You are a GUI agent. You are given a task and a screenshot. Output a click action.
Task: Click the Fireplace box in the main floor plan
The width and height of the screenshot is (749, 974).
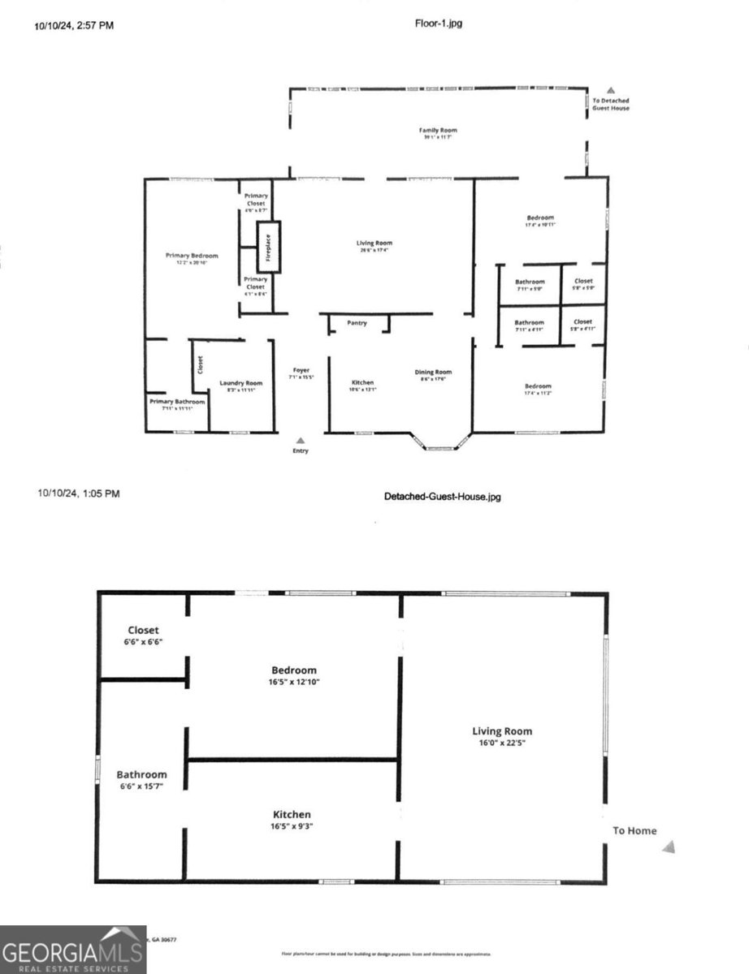click(x=268, y=248)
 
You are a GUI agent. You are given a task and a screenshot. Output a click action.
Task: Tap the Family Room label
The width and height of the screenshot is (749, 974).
click(x=438, y=130)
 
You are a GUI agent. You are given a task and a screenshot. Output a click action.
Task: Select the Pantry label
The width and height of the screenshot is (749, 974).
click(x=357, y=323)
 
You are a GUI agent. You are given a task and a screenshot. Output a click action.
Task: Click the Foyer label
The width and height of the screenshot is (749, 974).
click(x=301, y=370)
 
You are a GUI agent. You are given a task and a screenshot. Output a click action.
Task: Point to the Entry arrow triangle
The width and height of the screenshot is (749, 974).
click(x=301, y=440)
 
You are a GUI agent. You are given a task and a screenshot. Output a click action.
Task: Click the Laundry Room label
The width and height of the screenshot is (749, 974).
click(x=240, y=383)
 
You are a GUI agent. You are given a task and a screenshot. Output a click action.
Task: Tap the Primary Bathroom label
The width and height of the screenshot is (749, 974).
click(x=176, y=401)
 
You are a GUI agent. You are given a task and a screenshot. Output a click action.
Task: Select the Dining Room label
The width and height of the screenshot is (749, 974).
click(x=435, y=373)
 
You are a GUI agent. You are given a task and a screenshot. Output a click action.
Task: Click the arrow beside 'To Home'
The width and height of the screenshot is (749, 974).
click(x=669, y=847)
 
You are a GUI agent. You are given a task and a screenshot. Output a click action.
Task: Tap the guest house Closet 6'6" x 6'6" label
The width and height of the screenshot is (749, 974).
click(x=143, y=630)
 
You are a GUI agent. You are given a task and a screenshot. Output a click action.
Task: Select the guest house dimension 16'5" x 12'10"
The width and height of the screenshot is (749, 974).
click(x=293, y=682)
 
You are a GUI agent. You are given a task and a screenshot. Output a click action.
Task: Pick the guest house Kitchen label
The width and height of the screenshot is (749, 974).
click(x=291, y=814)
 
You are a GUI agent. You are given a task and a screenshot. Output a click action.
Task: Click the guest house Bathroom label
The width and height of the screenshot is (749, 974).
click(x=141, y=774)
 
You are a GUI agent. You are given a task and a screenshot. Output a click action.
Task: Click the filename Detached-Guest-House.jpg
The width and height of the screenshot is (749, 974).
click(x=442, y=496)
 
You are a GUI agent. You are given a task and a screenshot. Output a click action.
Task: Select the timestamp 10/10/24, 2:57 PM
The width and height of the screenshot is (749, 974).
click(x=74, y=25)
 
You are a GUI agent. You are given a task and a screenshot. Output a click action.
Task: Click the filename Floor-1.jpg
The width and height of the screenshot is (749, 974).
click(x=439, y=24)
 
